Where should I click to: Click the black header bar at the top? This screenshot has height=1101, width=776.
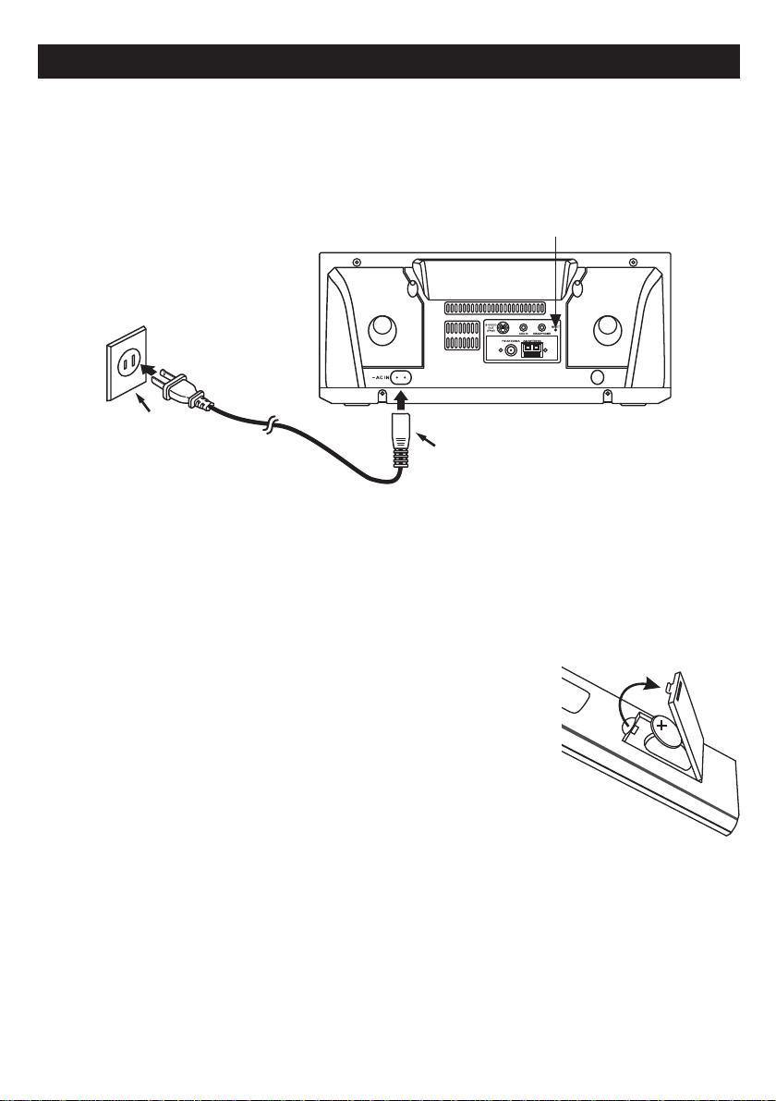(x=388, y=60)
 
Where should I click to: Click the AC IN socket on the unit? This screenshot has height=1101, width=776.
(x=402, y=378)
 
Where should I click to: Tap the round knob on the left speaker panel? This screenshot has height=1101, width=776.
(x=380, y=330)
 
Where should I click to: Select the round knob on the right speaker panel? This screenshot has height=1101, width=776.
(x=608, y=328)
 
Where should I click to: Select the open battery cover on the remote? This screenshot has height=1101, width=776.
(x=697, y=726)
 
